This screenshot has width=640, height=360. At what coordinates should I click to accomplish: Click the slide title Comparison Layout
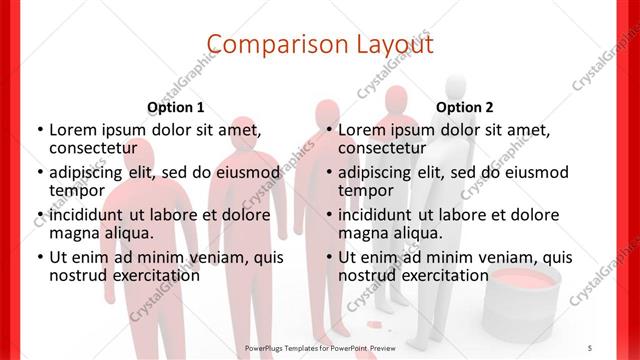coord(320,44)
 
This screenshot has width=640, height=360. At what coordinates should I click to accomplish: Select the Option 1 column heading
coord(176,107)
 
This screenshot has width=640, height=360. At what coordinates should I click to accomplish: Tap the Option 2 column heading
coord(465,107)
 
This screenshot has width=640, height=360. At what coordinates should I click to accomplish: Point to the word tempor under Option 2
coord(366,190)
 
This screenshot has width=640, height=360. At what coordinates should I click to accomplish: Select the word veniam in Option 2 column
coord(500,257)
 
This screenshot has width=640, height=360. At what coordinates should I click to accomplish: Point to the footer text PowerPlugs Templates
coord(291,347)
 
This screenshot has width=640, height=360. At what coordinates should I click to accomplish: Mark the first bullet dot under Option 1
coord(40,130)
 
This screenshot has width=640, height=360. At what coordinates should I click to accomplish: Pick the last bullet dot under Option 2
coord(329,257)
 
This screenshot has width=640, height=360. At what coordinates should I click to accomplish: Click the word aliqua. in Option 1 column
coord(129,233)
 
